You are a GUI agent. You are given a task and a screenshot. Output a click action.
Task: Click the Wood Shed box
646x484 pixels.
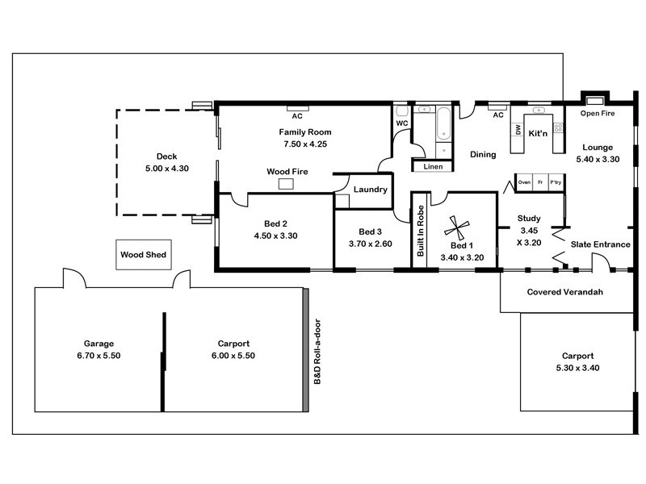pyautogui.click(x=144, y=255)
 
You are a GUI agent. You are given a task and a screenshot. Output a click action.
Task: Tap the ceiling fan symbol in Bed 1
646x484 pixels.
pyautogui.click(x=456, y=228)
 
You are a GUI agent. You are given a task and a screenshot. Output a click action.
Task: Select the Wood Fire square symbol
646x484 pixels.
pyautogui.click(x=286, y=184)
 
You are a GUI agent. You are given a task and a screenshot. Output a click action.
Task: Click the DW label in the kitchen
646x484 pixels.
pyautogui.click(x=518, y=130)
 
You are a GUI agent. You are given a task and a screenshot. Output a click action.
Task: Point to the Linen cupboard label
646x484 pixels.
pyautogui.click(x=433, y=167)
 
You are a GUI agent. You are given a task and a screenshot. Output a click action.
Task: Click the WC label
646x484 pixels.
pyautogui.click(x=402, y=123)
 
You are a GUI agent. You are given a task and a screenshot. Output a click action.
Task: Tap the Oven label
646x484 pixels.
pyautogui.click(x=524, y=182)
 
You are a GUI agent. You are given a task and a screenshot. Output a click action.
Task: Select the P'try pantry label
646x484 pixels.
pyautogui.click(x=556, y=182)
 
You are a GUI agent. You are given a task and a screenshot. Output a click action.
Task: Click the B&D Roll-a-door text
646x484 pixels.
pyautogui.click(x=317, y=352)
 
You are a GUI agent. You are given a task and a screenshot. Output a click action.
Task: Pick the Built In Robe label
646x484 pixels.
pyautogui.click(x=420, y=231)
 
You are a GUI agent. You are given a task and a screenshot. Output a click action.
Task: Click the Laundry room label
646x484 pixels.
pyautogui.click(x=371, y=190)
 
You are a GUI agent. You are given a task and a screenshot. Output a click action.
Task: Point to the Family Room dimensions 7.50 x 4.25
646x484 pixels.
pyautogui.click(x=305, y=144)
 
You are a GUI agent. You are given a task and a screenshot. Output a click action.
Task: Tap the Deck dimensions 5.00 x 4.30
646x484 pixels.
pyautogui.click(x=167, y=169)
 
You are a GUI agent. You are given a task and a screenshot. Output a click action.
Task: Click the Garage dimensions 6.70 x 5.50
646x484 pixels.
pyautogui.click(x=99, y=356)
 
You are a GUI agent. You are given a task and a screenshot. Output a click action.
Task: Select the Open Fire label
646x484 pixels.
pyautogui.click(x=598, y=113)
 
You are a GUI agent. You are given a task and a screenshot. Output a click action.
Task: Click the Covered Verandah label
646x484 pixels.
pyautogui.click(x=564, y=292)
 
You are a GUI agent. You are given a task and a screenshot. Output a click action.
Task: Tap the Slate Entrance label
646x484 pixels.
pyautogui.click(x=600, y=244)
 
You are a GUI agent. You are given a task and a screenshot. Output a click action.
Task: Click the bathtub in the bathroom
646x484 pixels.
pyautogui.click(x=443, y=124)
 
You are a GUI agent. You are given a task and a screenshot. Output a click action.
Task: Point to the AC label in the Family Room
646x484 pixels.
pyautogui.click(x=297, y=116)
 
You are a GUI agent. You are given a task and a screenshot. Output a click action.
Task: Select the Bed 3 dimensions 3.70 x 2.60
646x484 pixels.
pyautogui.click(x=371, y=244)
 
